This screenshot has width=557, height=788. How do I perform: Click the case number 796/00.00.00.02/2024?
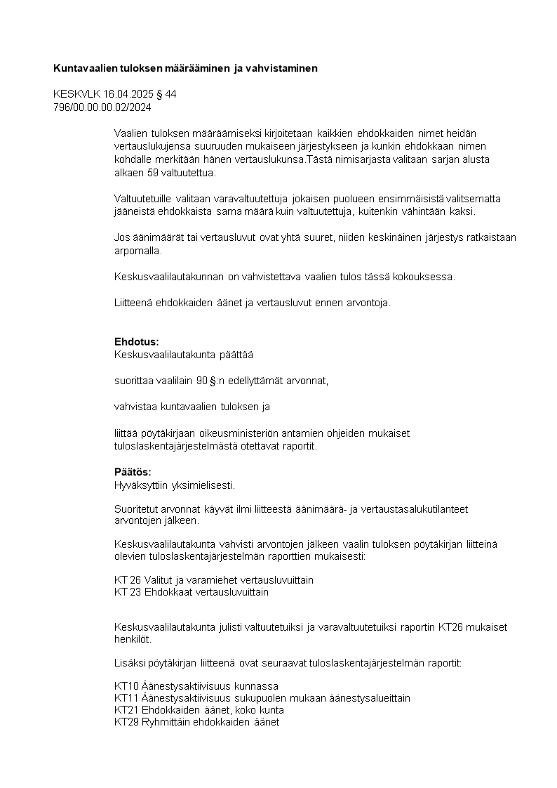[102, 107]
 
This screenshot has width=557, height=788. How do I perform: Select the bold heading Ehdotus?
[137, 341]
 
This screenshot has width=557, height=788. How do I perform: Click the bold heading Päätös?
[133, 472]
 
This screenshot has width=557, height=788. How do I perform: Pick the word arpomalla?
[136, 250]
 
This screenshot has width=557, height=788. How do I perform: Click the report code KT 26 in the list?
[128, 580]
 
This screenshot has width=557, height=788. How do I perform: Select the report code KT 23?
[128, 592]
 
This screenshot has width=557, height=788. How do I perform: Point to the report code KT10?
[126, 685]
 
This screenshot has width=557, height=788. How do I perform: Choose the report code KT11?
[126, 697]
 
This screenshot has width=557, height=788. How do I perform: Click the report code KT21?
[126, 709]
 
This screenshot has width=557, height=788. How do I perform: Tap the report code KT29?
[126, 721]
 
